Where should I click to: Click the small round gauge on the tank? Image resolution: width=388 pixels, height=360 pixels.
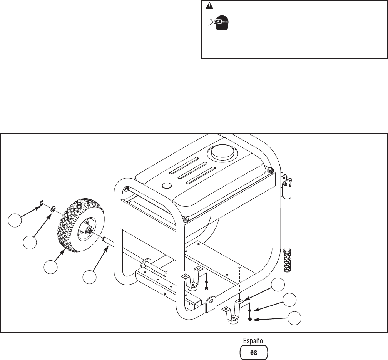click(166, 186)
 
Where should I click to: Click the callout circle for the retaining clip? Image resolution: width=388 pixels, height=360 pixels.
click(15, 223)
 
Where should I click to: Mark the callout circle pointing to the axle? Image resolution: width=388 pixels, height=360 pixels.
click(90, 277)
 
